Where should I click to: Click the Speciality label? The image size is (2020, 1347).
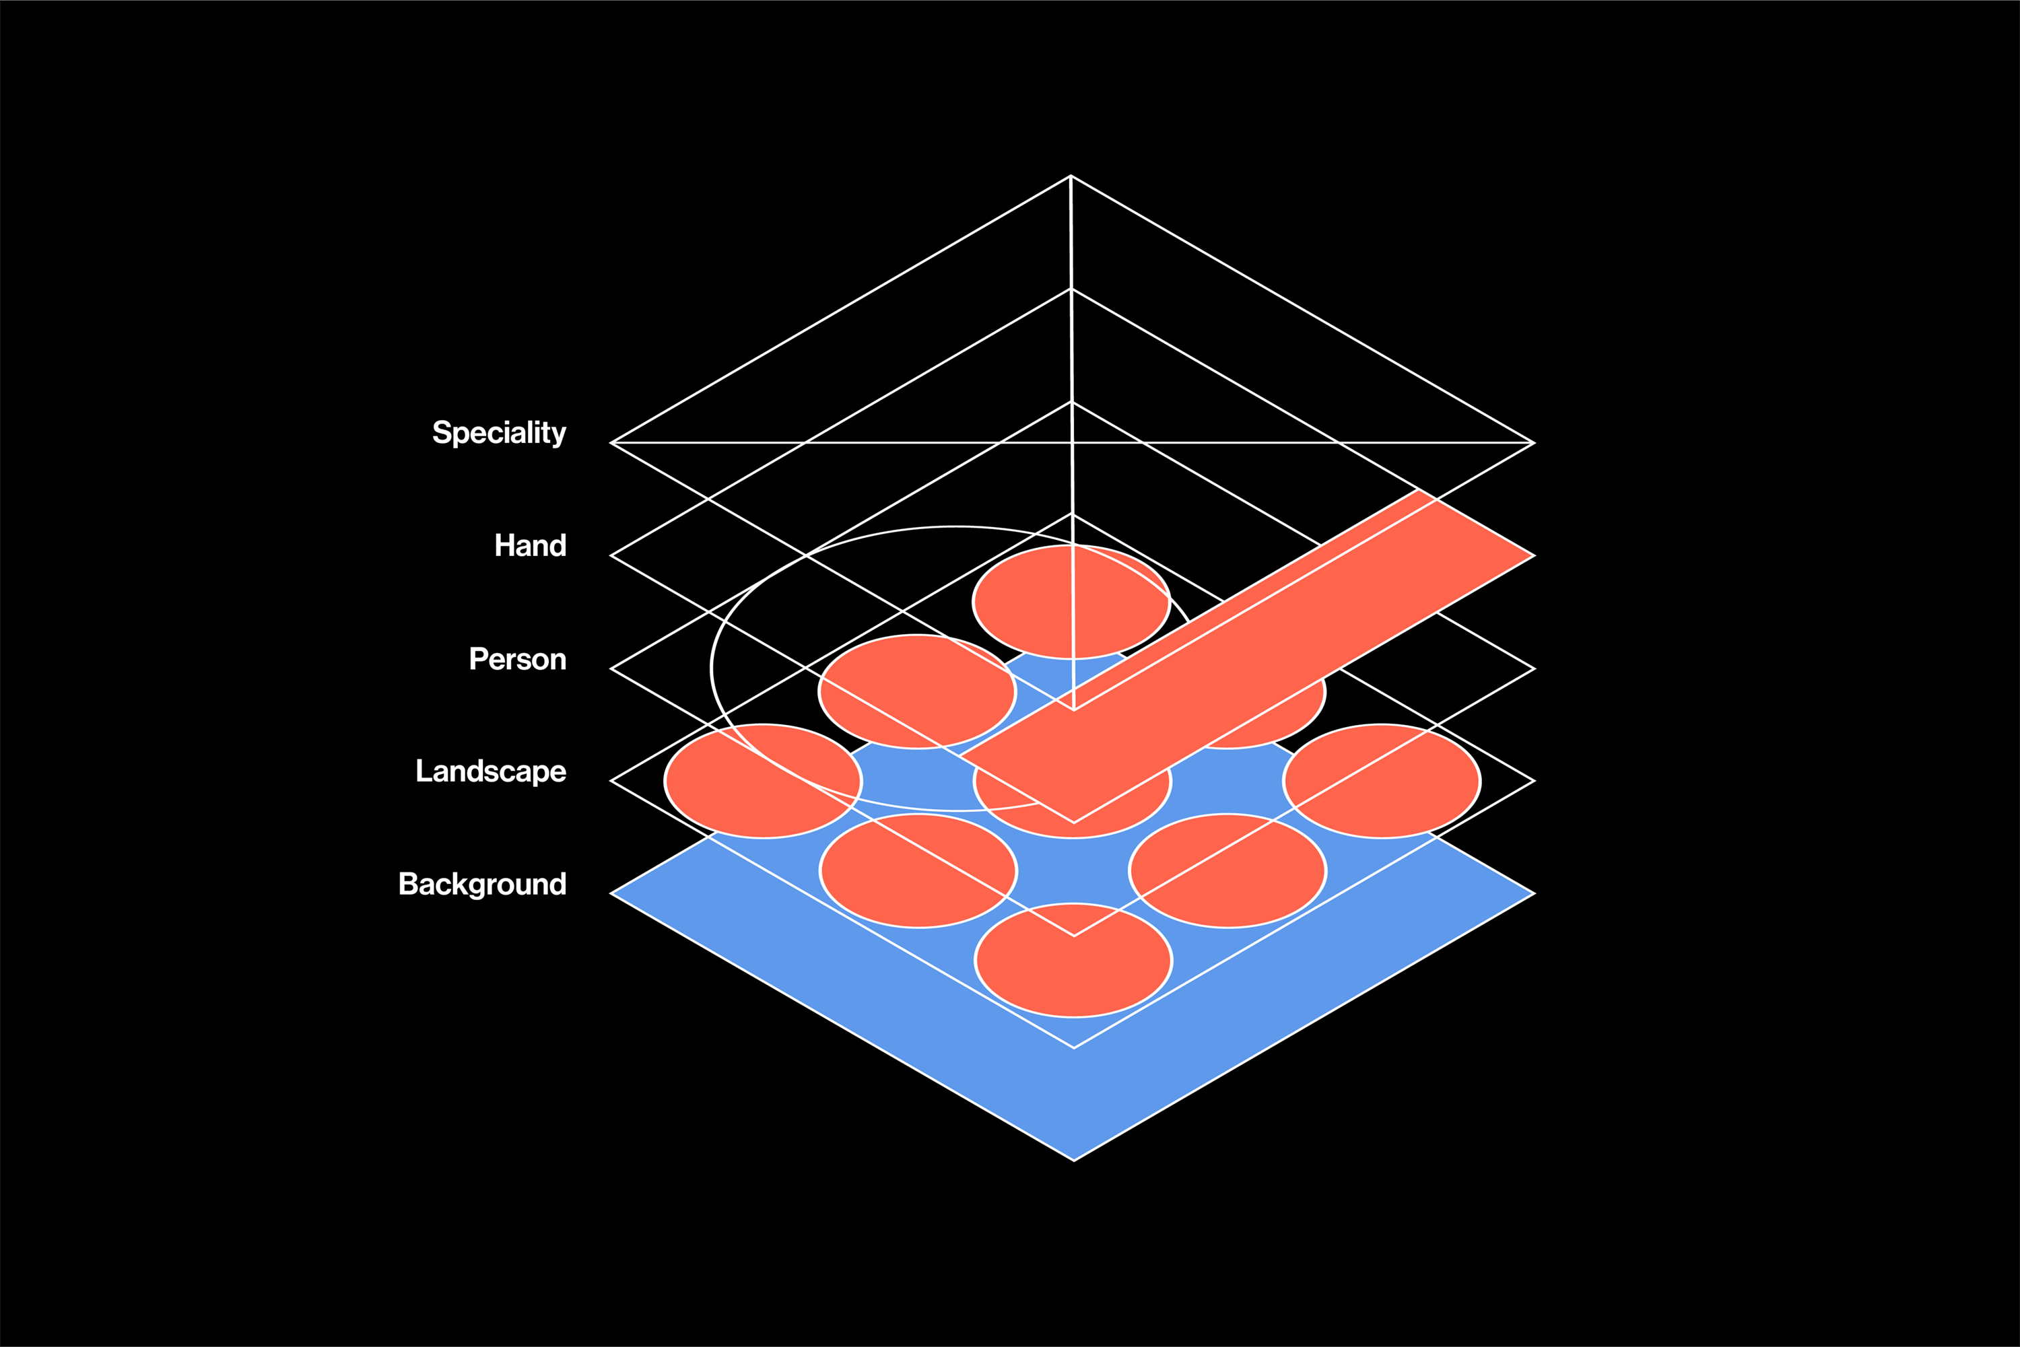[498, 433]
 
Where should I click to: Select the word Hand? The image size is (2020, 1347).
[530, 545]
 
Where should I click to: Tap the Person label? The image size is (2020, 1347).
[517, 659]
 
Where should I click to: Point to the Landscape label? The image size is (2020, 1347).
[491, 771]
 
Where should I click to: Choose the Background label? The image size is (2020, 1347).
[482, 884]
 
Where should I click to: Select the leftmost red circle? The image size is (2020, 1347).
[763, 781]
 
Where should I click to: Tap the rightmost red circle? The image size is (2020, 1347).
[1382, 781]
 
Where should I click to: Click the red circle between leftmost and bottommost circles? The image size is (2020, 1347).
[918, 871]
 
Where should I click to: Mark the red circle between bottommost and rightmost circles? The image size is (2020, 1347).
[1227, 871]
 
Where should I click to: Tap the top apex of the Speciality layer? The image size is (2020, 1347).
[1071, 176]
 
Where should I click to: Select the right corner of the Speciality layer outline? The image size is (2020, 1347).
[1535, 443]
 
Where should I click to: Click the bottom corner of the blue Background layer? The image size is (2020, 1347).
[1074, 1161]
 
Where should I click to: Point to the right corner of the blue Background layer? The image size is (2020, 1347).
[1535, 893]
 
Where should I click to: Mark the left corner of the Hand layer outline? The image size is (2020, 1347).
[611, 556]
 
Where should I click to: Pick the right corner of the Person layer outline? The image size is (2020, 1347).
[1535, 668]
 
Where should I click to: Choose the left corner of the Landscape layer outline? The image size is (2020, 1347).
[611, 781]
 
